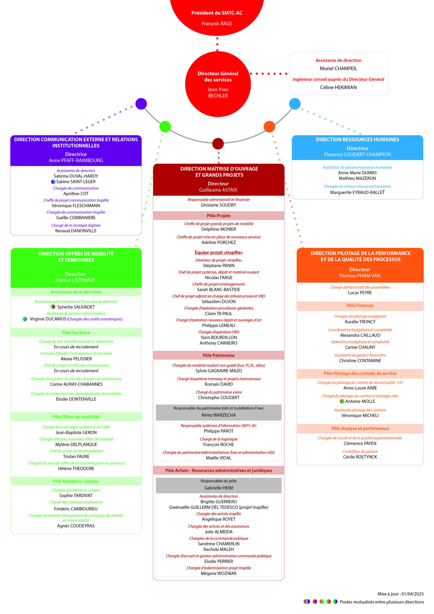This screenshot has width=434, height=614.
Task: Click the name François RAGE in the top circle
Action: tap(217, 24)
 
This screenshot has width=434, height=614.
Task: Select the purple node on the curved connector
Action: tap(141, 104)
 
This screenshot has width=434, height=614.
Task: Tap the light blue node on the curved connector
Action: tap(295, 104)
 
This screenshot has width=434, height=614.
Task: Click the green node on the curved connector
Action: tap(165, 126)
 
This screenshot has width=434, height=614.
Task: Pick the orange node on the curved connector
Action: tap(269, 126)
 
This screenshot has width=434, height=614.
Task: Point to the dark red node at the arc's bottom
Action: tap(218, 144)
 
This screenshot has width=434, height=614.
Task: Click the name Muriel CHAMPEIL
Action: tap(338, 68)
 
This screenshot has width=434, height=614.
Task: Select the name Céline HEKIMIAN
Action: tap(338, 88)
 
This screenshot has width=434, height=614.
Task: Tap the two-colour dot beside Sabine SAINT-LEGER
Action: tap(53, 182)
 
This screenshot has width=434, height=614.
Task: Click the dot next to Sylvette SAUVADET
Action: tap(53, 307)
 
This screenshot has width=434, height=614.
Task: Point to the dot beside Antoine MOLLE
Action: tap(342, 401)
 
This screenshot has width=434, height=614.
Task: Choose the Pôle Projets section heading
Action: tap(218, 216)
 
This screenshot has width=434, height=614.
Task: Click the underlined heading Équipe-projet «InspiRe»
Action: tap(218, 253)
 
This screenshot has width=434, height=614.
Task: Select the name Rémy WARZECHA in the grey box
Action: tap(218, 415)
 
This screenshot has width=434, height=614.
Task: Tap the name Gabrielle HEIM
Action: tap(218, 488)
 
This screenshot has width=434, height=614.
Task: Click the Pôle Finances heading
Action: tap(360, 305)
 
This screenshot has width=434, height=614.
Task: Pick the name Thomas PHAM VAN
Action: tap(359, 276)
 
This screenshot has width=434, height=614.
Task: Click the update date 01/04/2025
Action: tap(412, 594)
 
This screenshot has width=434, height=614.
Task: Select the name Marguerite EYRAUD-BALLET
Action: tap(357, 192)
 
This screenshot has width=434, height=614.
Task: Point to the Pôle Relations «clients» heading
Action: tap(76, 481)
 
